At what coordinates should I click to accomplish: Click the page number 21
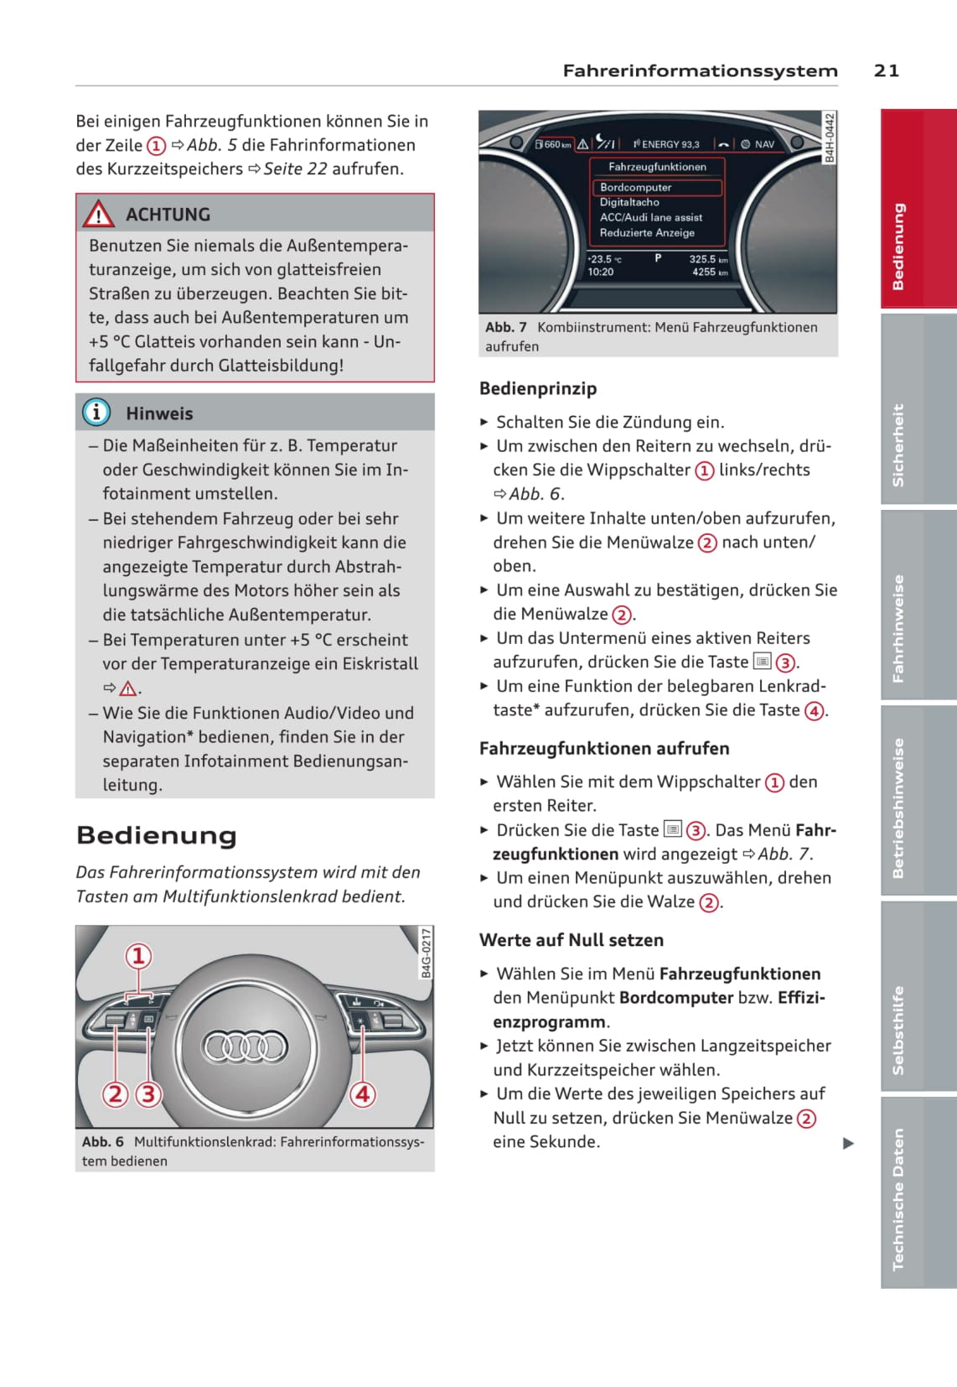(886, 70)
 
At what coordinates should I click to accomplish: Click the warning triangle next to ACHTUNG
(98, 215)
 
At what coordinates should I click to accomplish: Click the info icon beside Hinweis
(96, 412)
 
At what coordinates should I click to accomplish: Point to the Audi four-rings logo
(245, 1047)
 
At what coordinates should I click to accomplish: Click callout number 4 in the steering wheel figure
(362, 1093)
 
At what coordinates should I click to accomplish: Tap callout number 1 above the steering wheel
(138, 956)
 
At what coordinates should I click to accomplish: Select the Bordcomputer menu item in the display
(636, 187)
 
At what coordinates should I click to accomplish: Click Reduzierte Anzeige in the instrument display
(647, 232)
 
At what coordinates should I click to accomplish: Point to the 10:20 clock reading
(600, 272)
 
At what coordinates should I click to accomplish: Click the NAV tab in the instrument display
(763, 144)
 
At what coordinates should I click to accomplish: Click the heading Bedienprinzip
(538, 388)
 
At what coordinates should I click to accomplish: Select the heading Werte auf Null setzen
(571, 940)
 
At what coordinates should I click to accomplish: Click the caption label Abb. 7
(505, 327)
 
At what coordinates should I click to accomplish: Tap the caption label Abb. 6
(102, 1141)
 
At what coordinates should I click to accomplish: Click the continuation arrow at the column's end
(848, 1143)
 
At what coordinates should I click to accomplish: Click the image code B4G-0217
(426, 953)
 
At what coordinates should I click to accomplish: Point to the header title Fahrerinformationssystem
(700, 70)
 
